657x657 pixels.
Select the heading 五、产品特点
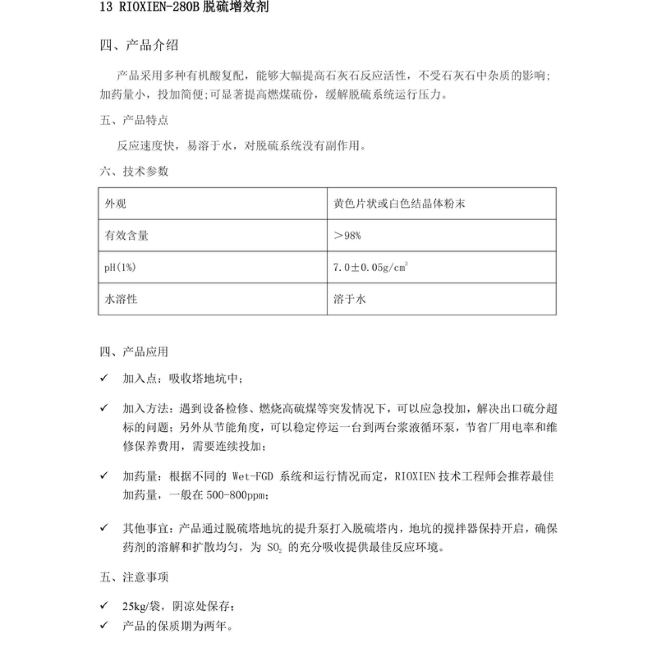[x=134, y=121]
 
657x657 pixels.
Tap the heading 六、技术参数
[x=134, y=171]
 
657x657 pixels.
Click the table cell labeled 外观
[x=115, y=204]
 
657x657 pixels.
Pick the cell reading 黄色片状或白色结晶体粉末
[x=399, y=204]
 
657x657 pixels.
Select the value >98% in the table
[x=347, y=236]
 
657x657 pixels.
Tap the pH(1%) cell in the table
[x=120, y=267]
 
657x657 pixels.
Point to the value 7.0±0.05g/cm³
[x=370, y=267]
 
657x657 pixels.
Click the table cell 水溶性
[x=121, y=299]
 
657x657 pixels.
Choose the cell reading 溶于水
[x=350, y=299]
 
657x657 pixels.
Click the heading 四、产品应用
[x=134, y=352]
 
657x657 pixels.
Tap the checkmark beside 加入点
[x=104, y=378]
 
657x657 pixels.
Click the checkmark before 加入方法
[x=104, y=408]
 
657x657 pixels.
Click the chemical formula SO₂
[x=275, y=548]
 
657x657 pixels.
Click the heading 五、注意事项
[x=134, y=577]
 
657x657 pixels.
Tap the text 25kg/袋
[x=141, y=607]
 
